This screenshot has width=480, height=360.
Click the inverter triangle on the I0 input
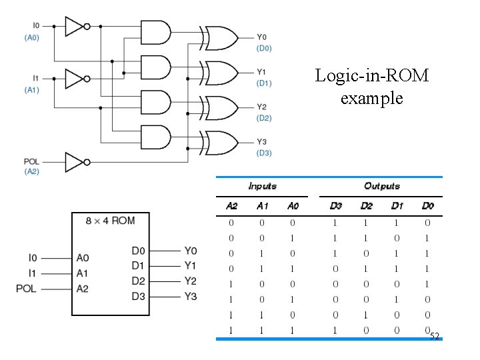coord(74,26)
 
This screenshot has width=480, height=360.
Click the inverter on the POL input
coord(74,161)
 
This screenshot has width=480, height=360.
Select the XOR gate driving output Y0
coord(220,38)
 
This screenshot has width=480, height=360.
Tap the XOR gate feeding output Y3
coord(220,143)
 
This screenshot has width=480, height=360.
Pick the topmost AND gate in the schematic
coord(156,32)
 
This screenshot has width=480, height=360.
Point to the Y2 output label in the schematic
coord(261,107)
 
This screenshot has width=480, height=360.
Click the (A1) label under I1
coord(31,89)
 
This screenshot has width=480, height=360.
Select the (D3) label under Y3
coord(264,153)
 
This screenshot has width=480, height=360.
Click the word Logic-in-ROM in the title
coord(371,75)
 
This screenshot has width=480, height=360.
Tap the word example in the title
coord(371,99)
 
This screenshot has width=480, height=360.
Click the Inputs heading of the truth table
coord(262,186)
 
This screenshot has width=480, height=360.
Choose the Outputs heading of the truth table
coord(382,186)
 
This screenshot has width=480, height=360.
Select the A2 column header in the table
coord(231,206)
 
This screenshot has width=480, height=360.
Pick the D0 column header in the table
coord(427,206)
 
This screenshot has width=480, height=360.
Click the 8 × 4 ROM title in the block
coord(110,221)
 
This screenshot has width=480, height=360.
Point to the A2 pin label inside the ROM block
coord(83,289)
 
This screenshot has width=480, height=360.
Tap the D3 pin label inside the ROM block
coord(138,295)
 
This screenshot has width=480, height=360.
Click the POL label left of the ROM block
coord(27,289)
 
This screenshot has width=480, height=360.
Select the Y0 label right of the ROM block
coord(191,251)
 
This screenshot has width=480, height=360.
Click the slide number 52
coord(435,336)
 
